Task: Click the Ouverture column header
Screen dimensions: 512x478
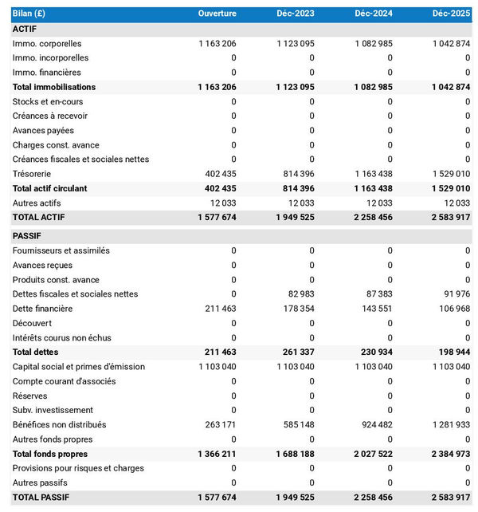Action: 217,14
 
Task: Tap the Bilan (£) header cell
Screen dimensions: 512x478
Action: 29,14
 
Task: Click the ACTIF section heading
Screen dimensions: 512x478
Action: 25,29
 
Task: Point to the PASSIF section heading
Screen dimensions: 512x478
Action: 27,236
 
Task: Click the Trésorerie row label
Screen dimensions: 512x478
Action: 33,174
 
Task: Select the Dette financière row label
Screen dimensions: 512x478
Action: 42,309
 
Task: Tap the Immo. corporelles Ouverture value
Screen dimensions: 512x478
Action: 217,44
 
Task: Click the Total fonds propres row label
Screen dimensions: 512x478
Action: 50,454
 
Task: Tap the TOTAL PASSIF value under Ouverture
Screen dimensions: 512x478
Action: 217,498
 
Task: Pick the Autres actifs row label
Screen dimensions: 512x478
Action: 37,203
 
